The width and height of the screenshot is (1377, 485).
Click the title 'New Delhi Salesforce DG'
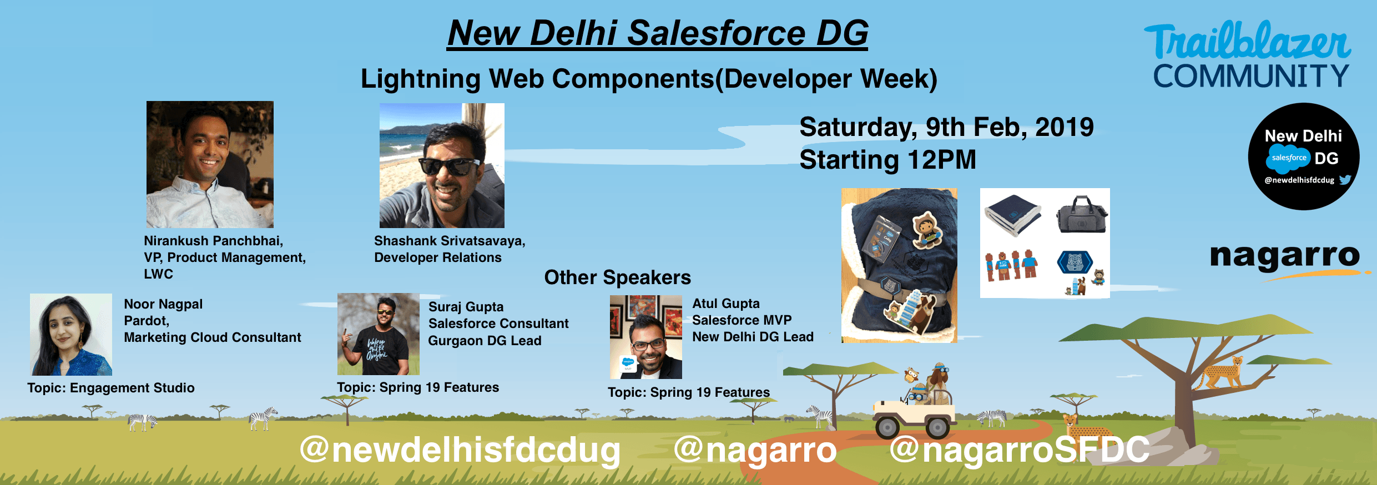point(658,33)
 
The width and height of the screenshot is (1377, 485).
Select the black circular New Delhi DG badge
point(1303,156)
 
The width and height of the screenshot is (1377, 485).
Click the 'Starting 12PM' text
point(887,160)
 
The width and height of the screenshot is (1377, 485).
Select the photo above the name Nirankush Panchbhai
point(210,164)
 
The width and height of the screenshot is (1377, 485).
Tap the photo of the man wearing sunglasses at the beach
point(442,165)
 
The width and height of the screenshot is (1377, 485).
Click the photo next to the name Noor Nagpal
point(71,335)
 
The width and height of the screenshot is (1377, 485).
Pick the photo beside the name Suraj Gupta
point(379,334)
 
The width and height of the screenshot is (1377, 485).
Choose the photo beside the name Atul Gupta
point(646,337)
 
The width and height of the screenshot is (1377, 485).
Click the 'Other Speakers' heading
point(617,277)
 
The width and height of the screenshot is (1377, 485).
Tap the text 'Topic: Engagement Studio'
point(111,388)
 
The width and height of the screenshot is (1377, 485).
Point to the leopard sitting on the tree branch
point(1222,373)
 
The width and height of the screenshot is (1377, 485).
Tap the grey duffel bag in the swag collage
point(1082,214)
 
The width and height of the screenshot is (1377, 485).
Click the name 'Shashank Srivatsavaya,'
point(450,241)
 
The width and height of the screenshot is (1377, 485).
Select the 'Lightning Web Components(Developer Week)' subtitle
point(649,79)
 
